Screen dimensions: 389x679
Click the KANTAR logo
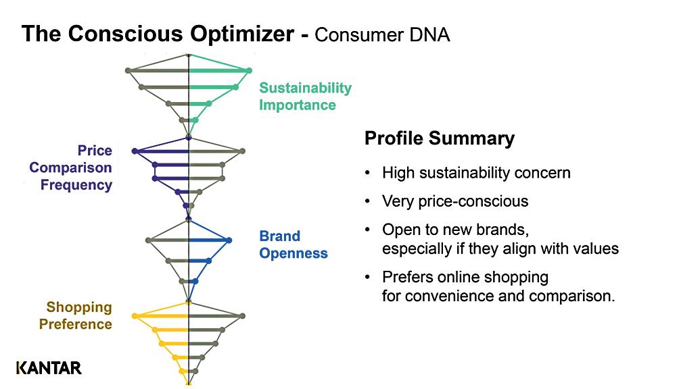pos(49,368)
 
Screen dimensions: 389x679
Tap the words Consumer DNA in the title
pos(382,34)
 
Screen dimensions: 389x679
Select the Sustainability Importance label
pos(305,97)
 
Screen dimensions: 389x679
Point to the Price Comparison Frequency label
pos(71,168)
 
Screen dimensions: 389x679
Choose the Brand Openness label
pos(293,245)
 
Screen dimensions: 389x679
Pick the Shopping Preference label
pos(76,316)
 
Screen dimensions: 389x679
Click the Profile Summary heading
pos(440,138)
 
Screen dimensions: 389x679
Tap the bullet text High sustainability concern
pos(476,173)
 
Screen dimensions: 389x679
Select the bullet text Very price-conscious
pos(454,201)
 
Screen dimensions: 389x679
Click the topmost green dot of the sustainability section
pos(249,70)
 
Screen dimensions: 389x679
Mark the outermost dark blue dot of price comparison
pos(135,151)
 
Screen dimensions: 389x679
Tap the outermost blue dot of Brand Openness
pos(229,240)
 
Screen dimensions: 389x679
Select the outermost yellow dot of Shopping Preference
pos(135,316)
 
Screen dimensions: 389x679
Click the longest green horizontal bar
pos(218,70)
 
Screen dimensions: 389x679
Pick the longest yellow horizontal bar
pos(162,316)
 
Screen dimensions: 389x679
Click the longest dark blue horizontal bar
pos(162,151)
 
